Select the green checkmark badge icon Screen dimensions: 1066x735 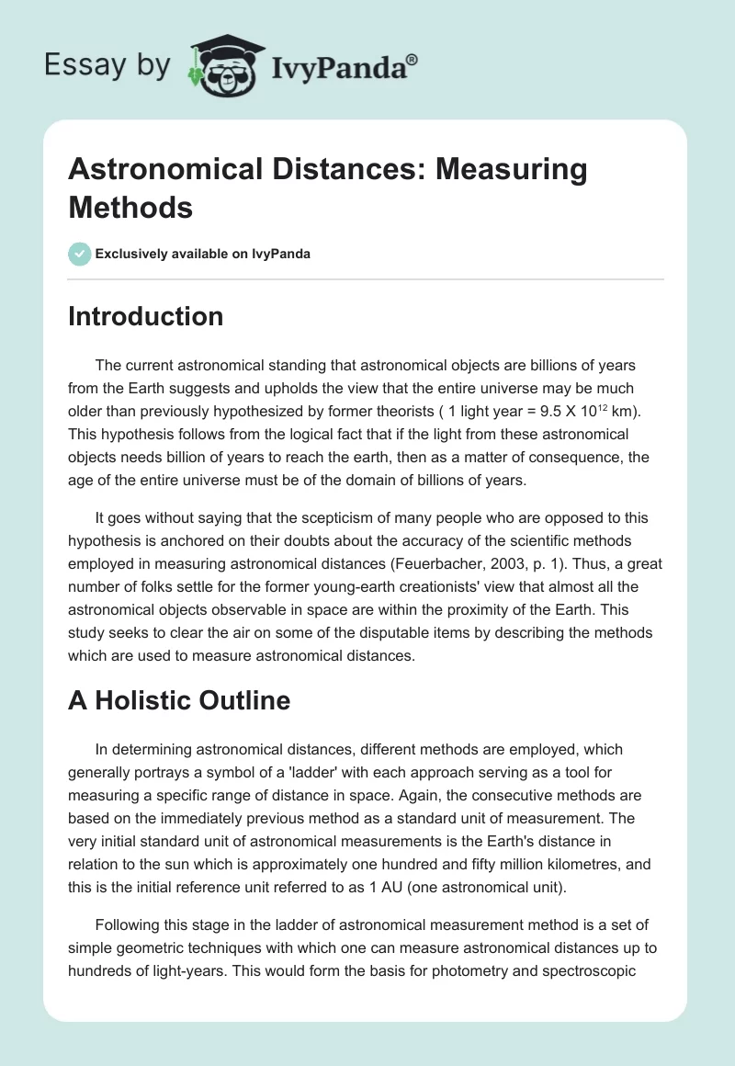pos(80,254)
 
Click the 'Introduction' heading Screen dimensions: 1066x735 pos(145,316)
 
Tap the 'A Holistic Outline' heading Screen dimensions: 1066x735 pos(178,700)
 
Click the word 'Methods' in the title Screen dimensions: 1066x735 pos(130,207)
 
